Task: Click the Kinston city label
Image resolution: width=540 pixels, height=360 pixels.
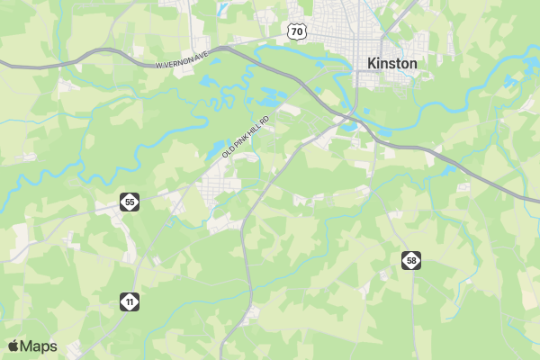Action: point(392,64)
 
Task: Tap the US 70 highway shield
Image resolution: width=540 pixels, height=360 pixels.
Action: point(297,31)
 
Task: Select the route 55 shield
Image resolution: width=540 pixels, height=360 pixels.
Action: point(130,202)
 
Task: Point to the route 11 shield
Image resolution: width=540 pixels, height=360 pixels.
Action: point(130,301)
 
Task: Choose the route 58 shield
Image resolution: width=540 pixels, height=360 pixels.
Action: point(411,261)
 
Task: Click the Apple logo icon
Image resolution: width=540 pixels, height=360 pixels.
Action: point(13,346)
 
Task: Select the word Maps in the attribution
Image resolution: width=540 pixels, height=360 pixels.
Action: point(39,346)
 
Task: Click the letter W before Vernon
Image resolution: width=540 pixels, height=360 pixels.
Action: point(157,65)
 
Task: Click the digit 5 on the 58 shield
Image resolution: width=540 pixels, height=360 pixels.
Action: point(409,261)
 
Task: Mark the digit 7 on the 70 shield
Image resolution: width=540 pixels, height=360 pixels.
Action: point(294,31)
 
